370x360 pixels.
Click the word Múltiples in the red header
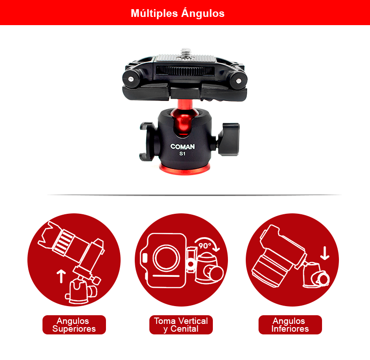pos(154,13)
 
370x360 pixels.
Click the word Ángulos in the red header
pos(203,13)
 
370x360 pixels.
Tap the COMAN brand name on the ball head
pos(183,147)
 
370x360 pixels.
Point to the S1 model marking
pos(182,154)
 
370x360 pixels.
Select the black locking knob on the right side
pos(228,139)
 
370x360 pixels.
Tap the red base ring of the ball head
pos(185,169)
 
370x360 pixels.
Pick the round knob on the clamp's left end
pos(131,79)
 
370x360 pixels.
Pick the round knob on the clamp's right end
pos(238,81)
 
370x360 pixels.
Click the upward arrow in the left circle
pos(61,276)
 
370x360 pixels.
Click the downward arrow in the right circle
pos(325,253)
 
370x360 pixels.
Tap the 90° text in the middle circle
pos(205,246)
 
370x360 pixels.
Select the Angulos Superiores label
pos(74,325)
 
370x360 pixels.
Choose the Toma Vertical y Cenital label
pos(181,325)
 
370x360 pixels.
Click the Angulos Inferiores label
pos(290,325)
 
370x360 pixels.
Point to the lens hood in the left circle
pos(48,235)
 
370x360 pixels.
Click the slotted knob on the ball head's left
pos(147,142)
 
